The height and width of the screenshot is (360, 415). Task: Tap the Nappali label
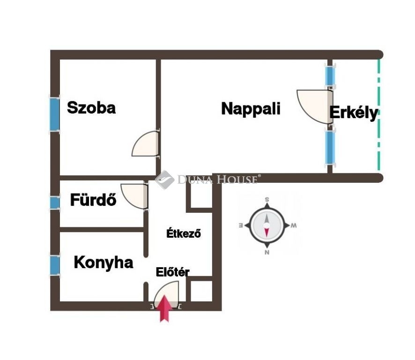click(251, 109)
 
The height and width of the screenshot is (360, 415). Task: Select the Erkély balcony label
click(354, 113)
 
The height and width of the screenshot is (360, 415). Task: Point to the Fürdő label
click(93, 200)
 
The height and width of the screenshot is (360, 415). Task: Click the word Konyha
click(104, 263)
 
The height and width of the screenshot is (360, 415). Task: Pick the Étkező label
click(184, 233)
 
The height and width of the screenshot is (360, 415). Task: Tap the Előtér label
click(172, 272)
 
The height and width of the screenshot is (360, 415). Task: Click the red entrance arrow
click(164, 308)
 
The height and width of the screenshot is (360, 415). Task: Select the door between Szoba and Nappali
click(146, 143)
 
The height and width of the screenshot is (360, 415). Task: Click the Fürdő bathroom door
click(134, 196)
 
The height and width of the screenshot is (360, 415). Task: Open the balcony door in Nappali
click(314, 107)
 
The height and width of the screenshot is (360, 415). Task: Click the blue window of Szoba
click(55, 114)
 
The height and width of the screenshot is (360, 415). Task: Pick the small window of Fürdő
click(55, 202)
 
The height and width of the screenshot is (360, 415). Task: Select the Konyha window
click(55, 265)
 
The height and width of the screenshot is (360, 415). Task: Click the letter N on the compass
click(267, 252)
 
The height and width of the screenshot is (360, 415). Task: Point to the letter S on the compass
click(267, 200)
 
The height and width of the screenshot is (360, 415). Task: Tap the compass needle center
click(267, 225)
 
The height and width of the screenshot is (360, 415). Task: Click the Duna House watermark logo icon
click(164, 180)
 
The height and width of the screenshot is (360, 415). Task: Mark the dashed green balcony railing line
click(379, 115)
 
